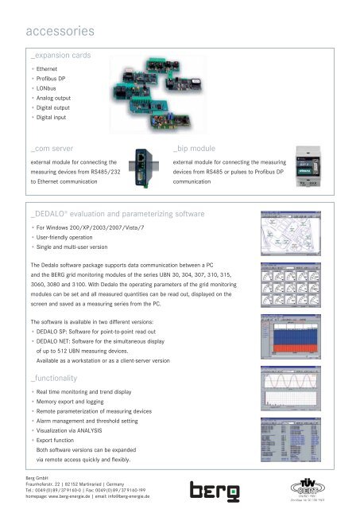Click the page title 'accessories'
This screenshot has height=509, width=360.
tap(60, 32)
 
